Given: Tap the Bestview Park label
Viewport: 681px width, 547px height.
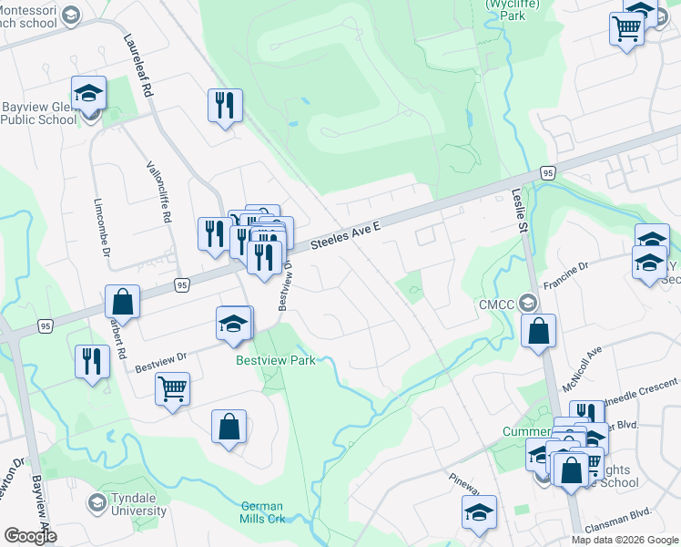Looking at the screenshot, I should (276, 360).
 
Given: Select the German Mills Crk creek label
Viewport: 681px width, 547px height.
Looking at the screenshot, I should (262, 512).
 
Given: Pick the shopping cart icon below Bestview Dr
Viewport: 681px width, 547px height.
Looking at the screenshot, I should (172, 389).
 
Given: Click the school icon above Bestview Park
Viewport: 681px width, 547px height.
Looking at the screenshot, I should (234, 324).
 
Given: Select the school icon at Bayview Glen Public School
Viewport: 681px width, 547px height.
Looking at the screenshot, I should (89, 93).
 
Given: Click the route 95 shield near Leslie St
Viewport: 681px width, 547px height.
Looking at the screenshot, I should (546, 172).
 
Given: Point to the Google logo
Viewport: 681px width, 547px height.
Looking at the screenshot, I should (30, 536).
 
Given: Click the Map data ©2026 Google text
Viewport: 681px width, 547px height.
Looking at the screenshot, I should (624, 540).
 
